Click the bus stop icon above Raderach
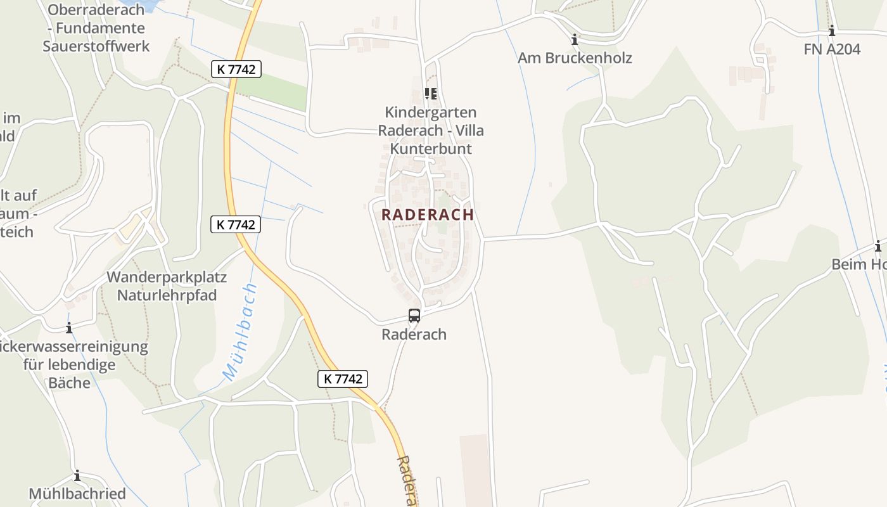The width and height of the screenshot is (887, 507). click(414, 315)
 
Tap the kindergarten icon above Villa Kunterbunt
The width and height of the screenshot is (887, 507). click(431, 94)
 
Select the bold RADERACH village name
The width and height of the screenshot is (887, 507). click(428, 214)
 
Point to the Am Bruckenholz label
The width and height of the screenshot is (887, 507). click(575, 58)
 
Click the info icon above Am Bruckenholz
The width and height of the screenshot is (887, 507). click(575, 39)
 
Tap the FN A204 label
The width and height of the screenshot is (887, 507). click(832, 49)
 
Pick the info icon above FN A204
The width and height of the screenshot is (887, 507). click(832, 30)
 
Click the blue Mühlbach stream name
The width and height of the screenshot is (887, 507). click(240, 332)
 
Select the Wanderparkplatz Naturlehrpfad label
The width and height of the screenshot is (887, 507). click(167, 286)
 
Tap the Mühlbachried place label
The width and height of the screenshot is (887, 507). click(77, 493)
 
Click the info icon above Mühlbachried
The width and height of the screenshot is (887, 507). click(77, 475)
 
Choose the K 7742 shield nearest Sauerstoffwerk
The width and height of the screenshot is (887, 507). click(236, 69)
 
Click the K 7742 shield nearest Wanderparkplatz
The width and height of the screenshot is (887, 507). click(236, 224)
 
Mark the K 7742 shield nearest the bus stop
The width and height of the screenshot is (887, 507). click(342, 379)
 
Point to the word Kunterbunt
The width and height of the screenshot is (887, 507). click(431, 149)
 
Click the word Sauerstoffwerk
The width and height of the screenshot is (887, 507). click(96, 46)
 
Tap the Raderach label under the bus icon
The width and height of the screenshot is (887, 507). click(414, 334)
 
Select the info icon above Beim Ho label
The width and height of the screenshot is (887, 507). click(878, 247)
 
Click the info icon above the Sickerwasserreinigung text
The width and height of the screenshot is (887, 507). click(69, 328)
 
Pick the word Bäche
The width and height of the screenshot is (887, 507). click(70, 382)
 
